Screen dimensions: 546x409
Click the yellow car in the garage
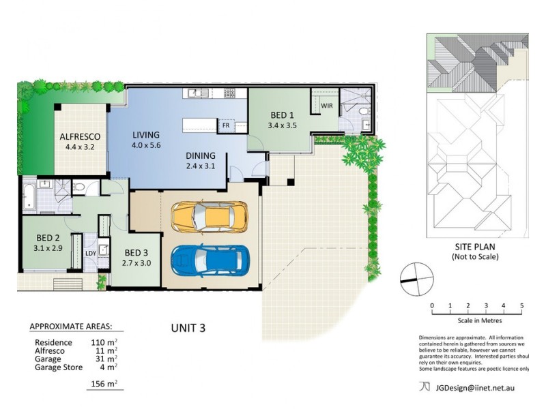210,216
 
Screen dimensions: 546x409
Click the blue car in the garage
210,261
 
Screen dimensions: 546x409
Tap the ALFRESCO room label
80,137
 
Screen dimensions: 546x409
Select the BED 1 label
282,115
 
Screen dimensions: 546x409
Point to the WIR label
327,106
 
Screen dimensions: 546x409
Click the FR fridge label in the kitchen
226,125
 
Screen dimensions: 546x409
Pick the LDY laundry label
91,253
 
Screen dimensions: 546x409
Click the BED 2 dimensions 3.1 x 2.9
48,248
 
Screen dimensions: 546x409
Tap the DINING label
200,155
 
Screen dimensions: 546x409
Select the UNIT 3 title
188,328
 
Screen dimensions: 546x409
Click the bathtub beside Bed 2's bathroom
29,196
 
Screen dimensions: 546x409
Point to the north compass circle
417,279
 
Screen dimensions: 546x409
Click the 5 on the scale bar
521,305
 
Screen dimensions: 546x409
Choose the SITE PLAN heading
475,247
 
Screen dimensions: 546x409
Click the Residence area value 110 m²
104,342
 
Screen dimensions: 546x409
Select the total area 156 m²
104,384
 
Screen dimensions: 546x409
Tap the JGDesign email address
475,388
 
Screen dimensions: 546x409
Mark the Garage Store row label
59,367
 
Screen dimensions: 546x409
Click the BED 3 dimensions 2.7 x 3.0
136,263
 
